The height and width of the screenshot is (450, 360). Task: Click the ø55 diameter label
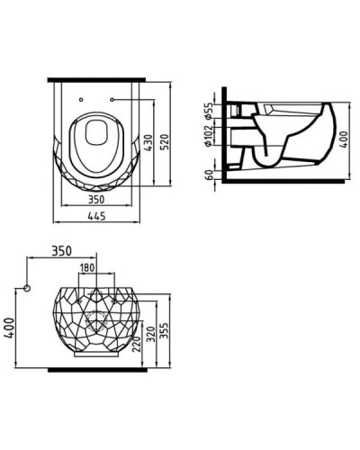(x=208, y=112)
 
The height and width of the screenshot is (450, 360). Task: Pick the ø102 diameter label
(x=208, y=136)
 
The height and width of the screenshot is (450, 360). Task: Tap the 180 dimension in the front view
(x=87, y=268)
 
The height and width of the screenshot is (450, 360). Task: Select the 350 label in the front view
(x=61, y=249)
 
